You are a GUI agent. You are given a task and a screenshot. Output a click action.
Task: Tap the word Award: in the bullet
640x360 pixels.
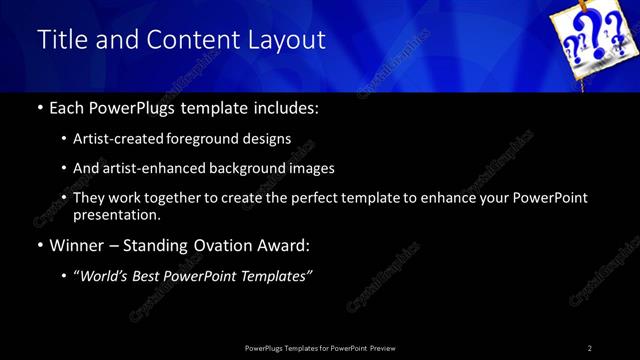click(283, 245)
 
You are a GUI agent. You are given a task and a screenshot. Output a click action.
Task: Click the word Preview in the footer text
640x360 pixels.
click(381, 348)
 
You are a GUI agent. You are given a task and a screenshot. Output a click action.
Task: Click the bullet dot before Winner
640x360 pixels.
click(39, 246)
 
